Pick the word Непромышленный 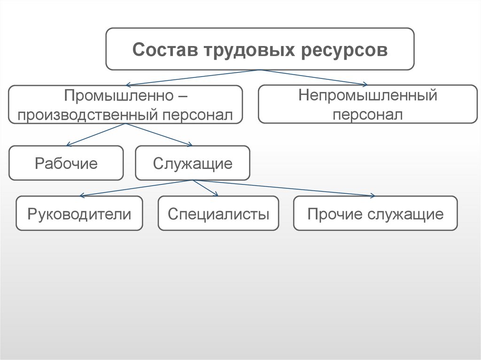point(368,96)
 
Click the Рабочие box point(66,163)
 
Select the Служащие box point(193,163)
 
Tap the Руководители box point(79,214)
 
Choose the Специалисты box point(218,214)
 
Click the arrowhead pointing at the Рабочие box point(69,144)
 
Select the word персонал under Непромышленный point(368,114)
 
